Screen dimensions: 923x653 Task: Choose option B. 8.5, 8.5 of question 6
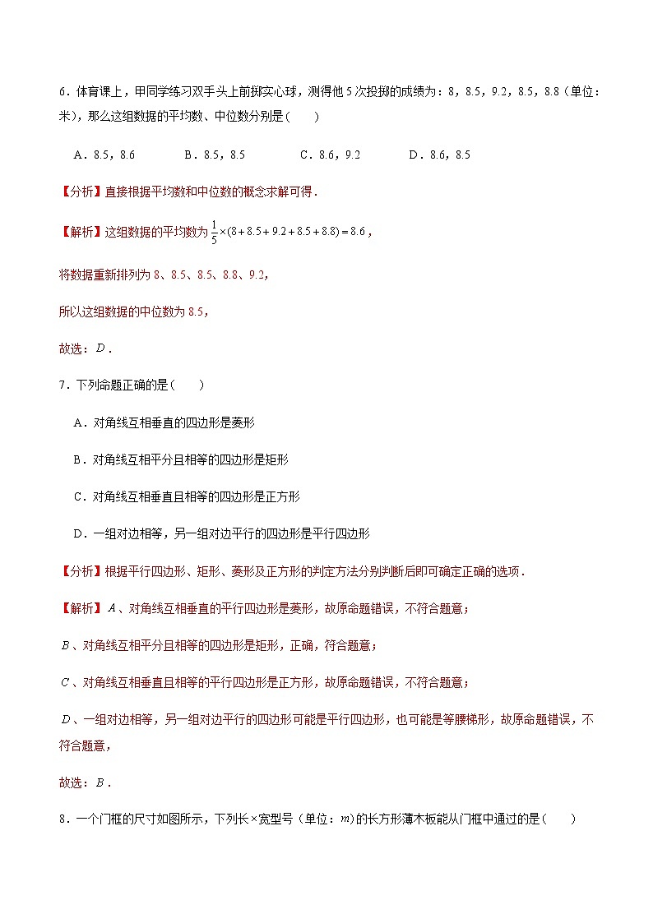(x=214, y=155)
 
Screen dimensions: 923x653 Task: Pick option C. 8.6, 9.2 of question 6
(x=330, y=155)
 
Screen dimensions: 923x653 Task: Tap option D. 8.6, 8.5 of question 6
(x=439, y=155)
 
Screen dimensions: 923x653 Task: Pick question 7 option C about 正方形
(x=187, y=496)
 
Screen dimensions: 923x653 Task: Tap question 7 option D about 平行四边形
(x=221, y=534)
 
